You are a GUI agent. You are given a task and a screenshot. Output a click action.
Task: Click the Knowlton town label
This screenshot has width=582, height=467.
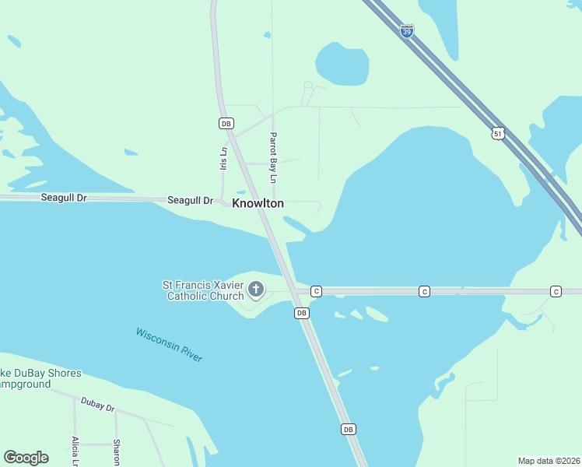258,203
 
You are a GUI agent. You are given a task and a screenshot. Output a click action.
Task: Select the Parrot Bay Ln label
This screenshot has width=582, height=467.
273,158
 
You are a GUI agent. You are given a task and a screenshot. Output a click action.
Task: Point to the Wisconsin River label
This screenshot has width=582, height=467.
169,344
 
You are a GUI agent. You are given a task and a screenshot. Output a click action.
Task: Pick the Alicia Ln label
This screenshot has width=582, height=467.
75,451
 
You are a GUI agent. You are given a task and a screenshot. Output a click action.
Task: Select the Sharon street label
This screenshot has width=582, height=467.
116,452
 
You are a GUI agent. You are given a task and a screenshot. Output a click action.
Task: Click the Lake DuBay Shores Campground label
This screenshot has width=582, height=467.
39,379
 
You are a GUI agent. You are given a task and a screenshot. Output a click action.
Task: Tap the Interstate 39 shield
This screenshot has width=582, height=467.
407,31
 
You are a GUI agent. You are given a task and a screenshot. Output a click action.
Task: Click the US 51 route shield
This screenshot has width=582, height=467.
498,134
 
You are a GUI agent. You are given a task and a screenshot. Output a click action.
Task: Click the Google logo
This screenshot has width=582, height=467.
26,458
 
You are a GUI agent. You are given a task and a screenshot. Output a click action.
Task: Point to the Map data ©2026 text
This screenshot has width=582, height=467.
548,461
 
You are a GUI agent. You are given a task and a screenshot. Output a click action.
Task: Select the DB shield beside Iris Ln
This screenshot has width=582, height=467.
226,123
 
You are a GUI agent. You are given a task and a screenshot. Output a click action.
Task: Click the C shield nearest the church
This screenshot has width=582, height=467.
316,291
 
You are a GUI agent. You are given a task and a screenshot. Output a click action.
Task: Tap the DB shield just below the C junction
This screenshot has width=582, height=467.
302,313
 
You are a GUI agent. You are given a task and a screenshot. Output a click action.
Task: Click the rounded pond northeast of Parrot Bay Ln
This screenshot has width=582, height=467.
342,65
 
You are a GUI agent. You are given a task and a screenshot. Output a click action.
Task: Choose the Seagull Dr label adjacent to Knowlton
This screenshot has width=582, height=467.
190,201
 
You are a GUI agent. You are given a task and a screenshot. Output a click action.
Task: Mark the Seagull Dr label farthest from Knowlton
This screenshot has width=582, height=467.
63,198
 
